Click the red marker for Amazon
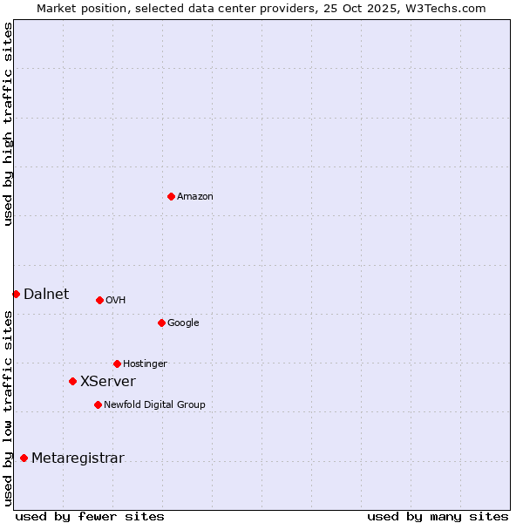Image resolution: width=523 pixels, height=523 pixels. click(x=171, y=196)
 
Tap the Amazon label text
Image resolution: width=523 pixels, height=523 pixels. click(x=195, y=197)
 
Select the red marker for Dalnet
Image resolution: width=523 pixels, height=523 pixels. click(x=16, y=294)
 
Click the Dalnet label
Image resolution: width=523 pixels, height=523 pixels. click(x=46, y=294)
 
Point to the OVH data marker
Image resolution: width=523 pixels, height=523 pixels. click(x=99, y=300)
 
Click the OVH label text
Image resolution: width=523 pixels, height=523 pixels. click(x=116, y=301)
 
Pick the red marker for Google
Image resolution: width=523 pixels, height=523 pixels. click(x=161, y=323)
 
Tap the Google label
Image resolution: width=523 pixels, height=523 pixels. click(x=183, y=323)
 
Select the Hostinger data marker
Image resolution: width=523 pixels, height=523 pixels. click(x=117, y=363)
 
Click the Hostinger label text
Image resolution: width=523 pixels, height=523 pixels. click(x=145, y=364)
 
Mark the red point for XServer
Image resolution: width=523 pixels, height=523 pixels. click(x=72, y=381)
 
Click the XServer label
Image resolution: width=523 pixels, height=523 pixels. click(x=108, y=381)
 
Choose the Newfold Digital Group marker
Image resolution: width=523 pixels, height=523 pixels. click(x=98, y=404)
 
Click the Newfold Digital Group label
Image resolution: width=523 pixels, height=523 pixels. click(x=154, y=405)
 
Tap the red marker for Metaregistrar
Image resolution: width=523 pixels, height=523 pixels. click(x=24, y=458)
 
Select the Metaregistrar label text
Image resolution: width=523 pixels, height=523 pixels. click(x=78, y=458)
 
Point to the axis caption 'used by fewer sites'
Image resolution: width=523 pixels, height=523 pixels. click(x=90, y=516)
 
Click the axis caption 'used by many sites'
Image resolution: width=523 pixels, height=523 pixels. click(x=438, y=516)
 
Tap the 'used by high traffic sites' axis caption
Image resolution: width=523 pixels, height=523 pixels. click(x=8, y=124)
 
